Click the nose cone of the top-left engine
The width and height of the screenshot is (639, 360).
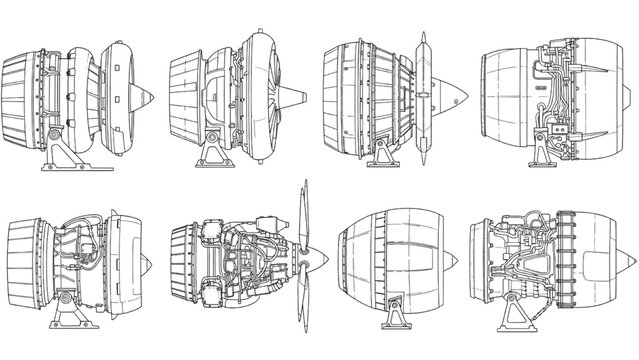145,98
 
